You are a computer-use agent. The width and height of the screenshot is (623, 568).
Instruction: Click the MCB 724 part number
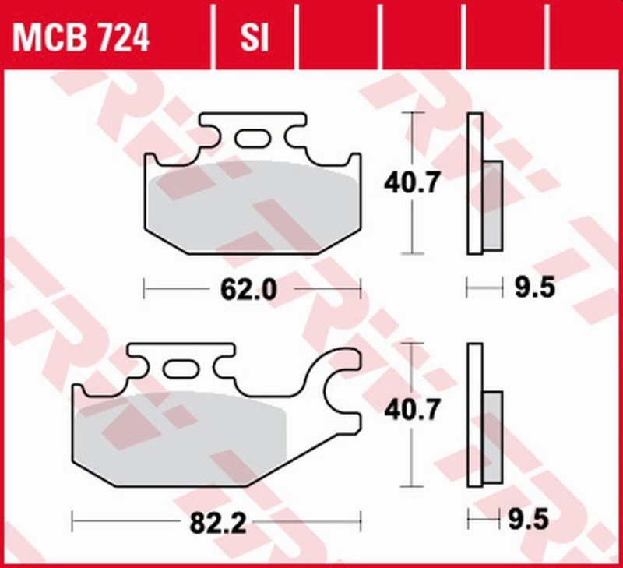click(81, 37)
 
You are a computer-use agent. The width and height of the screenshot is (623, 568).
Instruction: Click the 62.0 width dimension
click(248, 291)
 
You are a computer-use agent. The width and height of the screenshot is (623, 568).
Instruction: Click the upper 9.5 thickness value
click(534, 289)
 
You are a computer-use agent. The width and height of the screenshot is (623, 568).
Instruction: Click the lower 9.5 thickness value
click(534, 517)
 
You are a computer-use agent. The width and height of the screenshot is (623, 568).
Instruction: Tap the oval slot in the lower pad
click(181, 367)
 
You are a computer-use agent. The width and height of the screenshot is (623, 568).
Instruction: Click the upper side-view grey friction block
click(492, 206)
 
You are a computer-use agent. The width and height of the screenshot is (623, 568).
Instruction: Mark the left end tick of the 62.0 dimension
click(145, 291)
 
